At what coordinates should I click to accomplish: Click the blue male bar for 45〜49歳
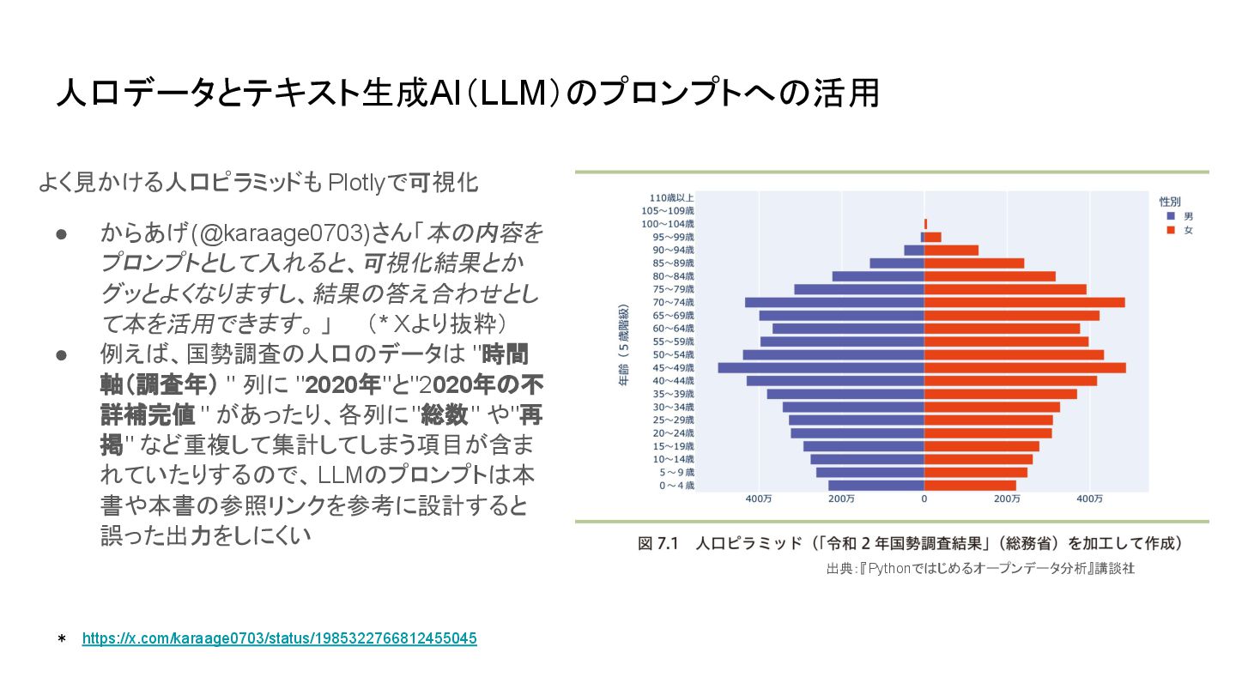[821, 367]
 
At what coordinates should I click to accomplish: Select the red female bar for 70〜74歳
[1024, 302]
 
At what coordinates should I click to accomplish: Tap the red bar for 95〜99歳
[933, 237]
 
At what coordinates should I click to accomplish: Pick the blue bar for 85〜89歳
[897, 263]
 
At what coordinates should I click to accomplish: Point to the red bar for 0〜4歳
[970, 486]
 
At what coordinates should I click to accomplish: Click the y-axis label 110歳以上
[672, 198]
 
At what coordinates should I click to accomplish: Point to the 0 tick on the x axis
[924, 499]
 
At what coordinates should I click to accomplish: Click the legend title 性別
[1170, 202]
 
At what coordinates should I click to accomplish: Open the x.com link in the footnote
[280, 638]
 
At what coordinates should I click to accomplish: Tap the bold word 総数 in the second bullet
[443, 414]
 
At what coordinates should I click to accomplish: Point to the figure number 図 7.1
[658, 544]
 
